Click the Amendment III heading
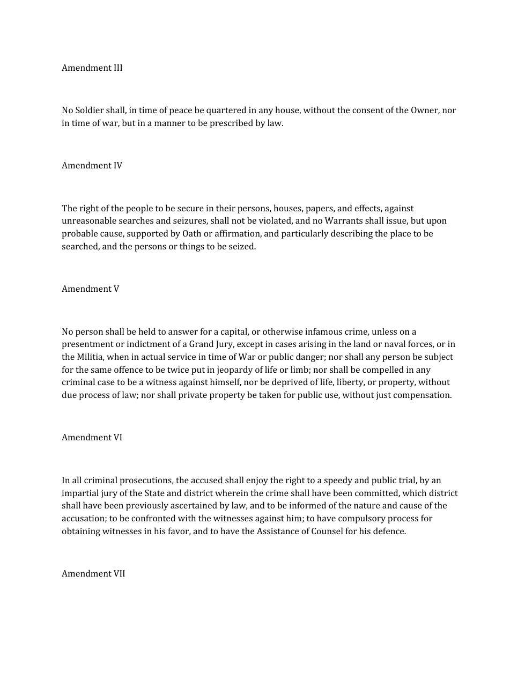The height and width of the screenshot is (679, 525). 92,68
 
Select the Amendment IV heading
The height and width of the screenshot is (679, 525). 92,166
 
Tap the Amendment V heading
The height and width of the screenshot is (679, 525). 90,289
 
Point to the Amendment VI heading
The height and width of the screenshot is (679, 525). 92,438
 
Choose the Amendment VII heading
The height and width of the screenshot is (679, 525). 93,574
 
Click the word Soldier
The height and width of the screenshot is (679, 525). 90,110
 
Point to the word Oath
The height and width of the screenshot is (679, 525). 192,234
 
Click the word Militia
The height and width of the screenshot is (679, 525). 90,357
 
